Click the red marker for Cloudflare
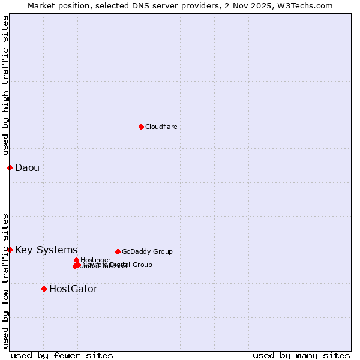(141, 127)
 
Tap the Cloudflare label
(161, 127)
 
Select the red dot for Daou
(10, 167)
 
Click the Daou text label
(27, 167)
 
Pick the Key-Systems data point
(10, 250)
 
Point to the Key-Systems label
(46, 250)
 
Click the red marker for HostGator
(44, 289)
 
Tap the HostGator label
(73, 289)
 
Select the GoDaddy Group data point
(118, 251)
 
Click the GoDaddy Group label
(147, 251)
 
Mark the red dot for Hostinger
(76, 260)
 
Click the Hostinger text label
(95, 260)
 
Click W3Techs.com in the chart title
(310, 5)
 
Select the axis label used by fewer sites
(62, 355)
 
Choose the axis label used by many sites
(301, 355)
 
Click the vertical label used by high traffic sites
(5, 85)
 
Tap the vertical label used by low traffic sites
(5, 280)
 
